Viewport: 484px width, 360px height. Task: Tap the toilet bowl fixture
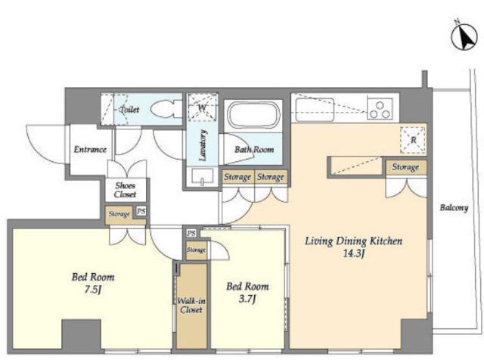click(163, 109)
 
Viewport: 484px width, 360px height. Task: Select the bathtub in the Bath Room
click(254, 114)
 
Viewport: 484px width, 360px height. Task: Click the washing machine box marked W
click(203, 107)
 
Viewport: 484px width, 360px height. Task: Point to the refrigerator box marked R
click(413, 140)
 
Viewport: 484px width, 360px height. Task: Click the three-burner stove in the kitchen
click(380, 109)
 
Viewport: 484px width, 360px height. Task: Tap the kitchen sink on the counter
click(315, 110)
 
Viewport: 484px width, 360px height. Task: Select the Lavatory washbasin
click(202, 177)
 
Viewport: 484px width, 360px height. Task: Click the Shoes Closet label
click(126, 190)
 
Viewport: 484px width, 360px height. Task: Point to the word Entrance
click(90, 150)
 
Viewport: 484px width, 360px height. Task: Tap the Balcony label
click(454, 208)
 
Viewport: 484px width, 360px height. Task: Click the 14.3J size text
click(354, 254)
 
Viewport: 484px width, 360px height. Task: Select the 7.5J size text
click(93, 290)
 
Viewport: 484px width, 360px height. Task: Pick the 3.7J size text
click(247, 299)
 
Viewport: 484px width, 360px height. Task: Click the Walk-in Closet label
click(191, 306)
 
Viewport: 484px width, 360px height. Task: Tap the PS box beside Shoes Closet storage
click(141, 212)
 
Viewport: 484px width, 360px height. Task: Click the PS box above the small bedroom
click(191, 234)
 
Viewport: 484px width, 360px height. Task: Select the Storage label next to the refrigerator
click(405, 167)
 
